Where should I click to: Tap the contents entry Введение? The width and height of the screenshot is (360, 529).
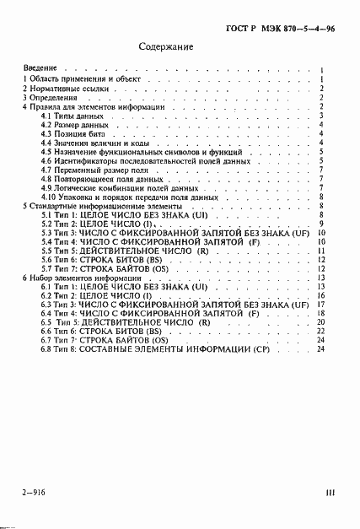point(40,67)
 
